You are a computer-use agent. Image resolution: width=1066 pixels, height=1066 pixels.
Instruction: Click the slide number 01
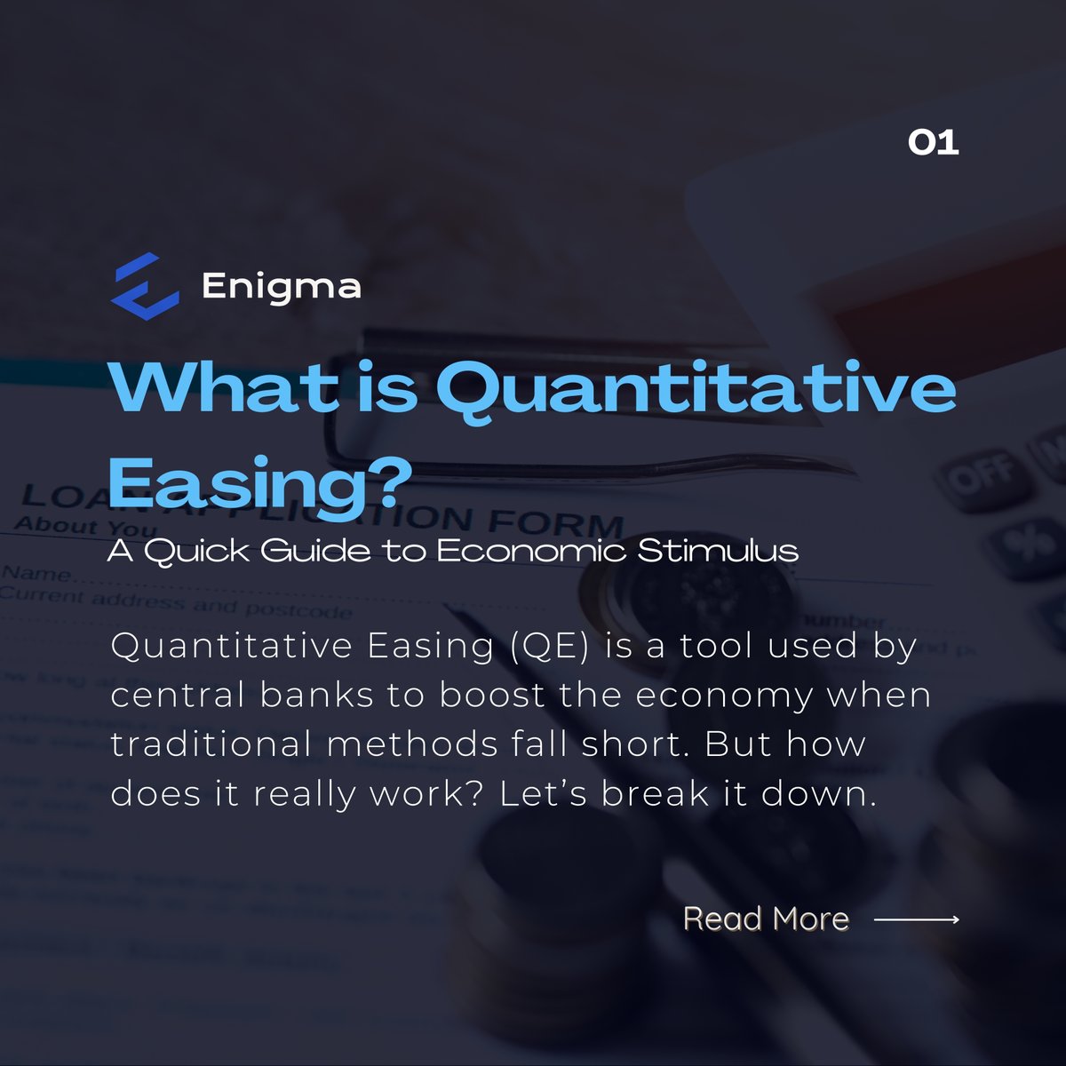tap(933, 142)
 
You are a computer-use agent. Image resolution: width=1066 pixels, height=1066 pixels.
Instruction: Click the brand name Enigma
tap(281, 286)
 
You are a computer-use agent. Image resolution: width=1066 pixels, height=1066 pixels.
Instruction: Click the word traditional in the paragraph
tap(212, 744)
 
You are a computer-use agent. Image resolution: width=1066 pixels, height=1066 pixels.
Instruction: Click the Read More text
tap(766, 919)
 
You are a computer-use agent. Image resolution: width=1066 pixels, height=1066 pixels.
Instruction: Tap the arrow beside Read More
tap(917, 919)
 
